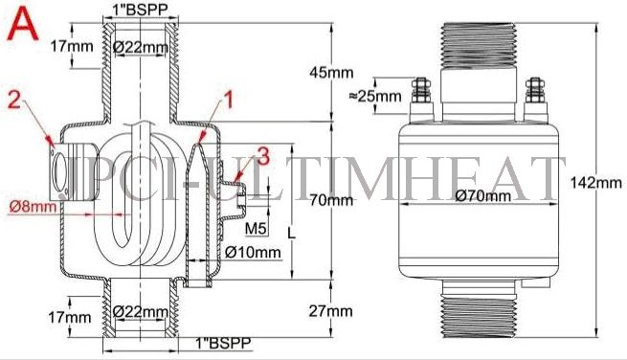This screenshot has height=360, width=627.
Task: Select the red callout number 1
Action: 228,98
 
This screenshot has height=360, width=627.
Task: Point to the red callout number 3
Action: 263,153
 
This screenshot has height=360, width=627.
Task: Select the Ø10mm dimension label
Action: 253,253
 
